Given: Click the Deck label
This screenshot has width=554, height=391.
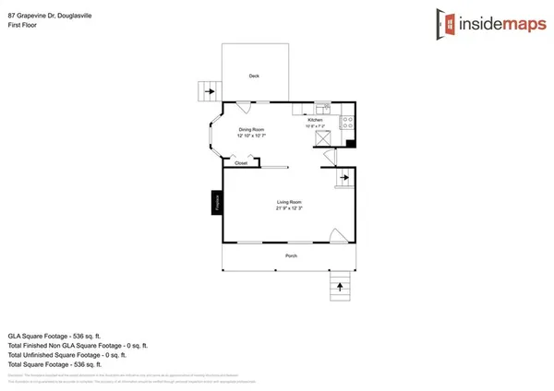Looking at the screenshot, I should [253, 76].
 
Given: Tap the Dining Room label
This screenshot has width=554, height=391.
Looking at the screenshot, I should [252, 129].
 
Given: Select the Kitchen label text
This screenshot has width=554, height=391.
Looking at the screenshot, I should [315, 120].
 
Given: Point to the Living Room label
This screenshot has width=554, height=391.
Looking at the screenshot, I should [289, 202].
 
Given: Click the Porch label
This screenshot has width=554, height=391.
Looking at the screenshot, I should [290, 255].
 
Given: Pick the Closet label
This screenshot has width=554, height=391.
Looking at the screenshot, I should [241, 162].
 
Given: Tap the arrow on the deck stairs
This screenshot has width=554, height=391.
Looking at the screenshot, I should [210, 91].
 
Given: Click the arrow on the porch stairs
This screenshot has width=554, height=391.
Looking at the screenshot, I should [340, 287].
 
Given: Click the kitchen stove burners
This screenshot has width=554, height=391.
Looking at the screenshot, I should [348, 121].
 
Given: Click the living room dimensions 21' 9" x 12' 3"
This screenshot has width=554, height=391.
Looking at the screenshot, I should [289, 208].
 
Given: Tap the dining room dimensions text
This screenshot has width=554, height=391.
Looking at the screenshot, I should [252, 136].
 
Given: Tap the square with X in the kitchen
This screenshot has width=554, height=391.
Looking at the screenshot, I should [322, 136].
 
